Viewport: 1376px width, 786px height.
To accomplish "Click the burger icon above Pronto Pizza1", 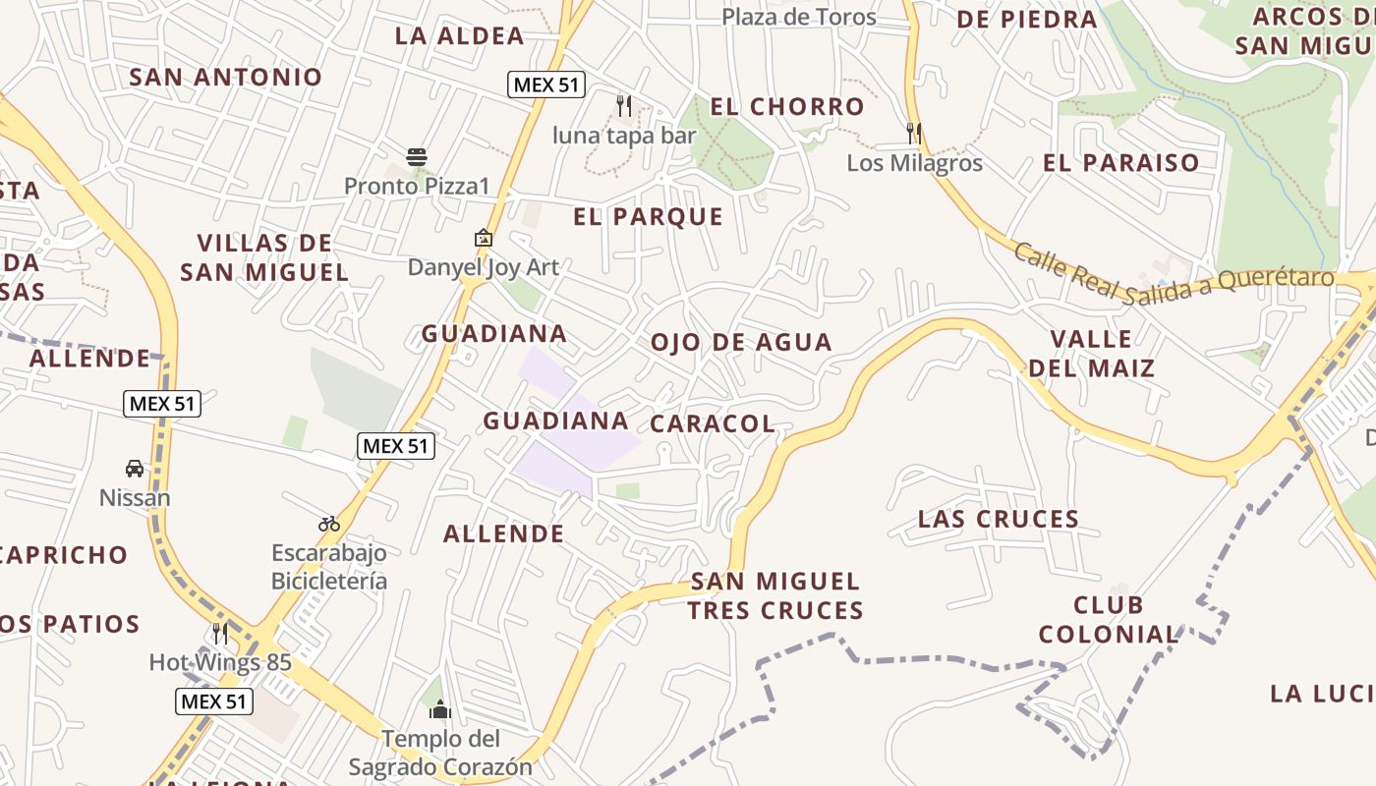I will pyautogui.click(x=417, y=156).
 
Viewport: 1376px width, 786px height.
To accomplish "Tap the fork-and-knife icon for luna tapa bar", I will pyautogui.click(x=623, y=105).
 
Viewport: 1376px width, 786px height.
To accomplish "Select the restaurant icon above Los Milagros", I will pyautogui.click(x=914, y=133).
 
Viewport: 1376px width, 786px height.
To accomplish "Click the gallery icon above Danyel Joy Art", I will pyautogui.click(x=483, y=238).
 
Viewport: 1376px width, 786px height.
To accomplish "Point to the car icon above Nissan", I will pyautogui.click(x=135, y=469).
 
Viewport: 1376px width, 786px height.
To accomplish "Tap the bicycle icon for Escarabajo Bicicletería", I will pyautogui.click(x=329, y=524).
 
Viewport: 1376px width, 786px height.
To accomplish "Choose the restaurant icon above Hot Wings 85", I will pyautogui.click(x=220, y=633).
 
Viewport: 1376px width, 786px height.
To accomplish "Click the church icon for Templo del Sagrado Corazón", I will pyautogui.click(x=440, y=708).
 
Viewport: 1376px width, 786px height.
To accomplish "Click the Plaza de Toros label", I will pyautogui.click(x=798, y=17).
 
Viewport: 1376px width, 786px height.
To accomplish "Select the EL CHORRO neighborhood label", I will pyautogui.click(x=787, y=106).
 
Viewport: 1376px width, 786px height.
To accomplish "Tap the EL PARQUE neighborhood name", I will pyautogui.click(x=648, y=217).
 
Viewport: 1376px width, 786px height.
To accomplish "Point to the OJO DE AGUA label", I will pyautogui.click(x=741, y=343).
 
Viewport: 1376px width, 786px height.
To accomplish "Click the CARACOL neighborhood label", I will pyautogui.click(x=713, y=423).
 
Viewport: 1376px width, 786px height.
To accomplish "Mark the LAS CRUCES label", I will pyautogui.click(x=998, y=519).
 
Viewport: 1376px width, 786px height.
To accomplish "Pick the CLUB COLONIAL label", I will pyautogui.click(x=1108, y=620).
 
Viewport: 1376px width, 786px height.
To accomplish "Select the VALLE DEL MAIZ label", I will pyautogui.click(x=1091, y=354).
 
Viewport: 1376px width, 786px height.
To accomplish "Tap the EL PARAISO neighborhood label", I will pyautogui.click(x=1120, y=163).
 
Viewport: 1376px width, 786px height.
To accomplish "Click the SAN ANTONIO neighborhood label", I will pyautogui.click(x=226, y=77).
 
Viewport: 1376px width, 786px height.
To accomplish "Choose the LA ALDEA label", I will pyautogui.click(x=459, y=36).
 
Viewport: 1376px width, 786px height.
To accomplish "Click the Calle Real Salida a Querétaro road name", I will pyautogui.click(x=1174, y=268).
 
